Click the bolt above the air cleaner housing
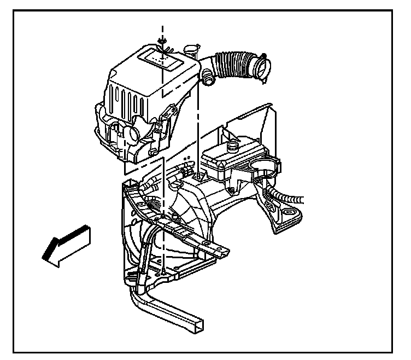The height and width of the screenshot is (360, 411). click(x=162, y=42)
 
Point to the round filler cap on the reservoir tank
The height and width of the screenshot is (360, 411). click(x=233, y=147)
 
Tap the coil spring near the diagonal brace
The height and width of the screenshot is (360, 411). click(x=155, y=206)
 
